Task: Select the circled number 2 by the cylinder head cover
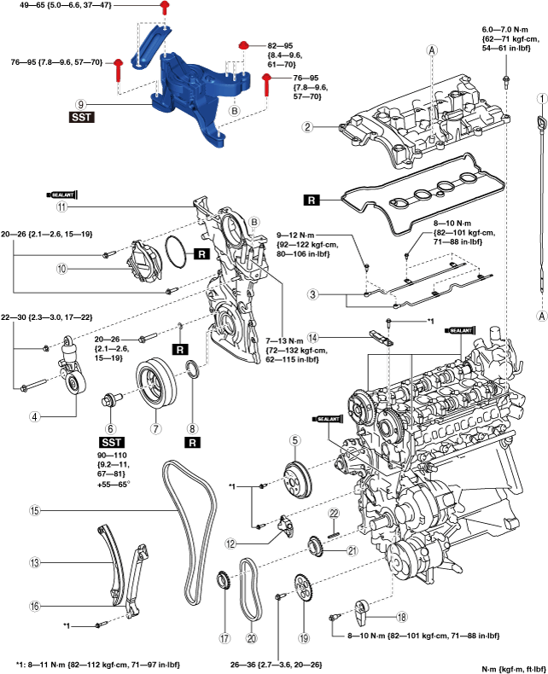pyautogui.click(x=306, y=128)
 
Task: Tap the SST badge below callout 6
pyautogui.click(x=111, y=444)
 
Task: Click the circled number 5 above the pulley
pyautogui.click(x=294, y=440)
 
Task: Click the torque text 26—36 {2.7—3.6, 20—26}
pyautogui.click(x=301, y=664)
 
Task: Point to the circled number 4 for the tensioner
pyautogui.click(x=36, y=417)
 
